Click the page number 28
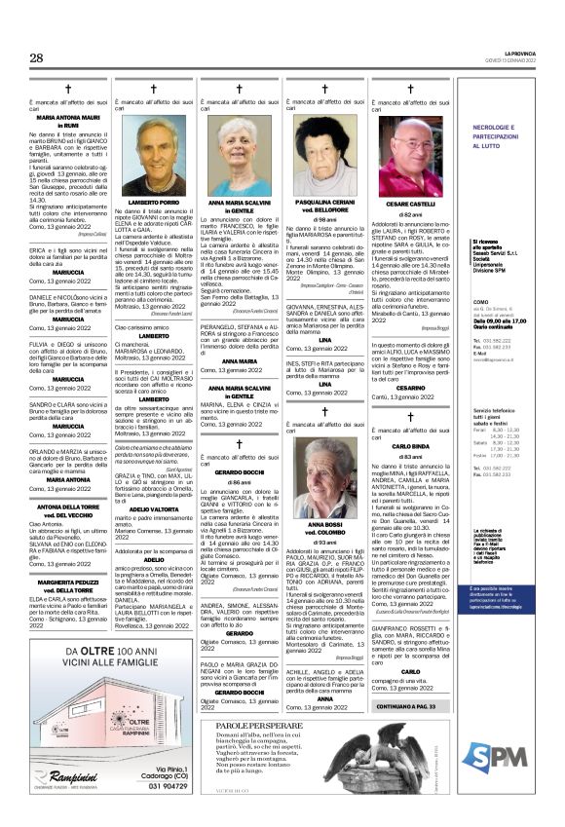coord(36,57)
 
